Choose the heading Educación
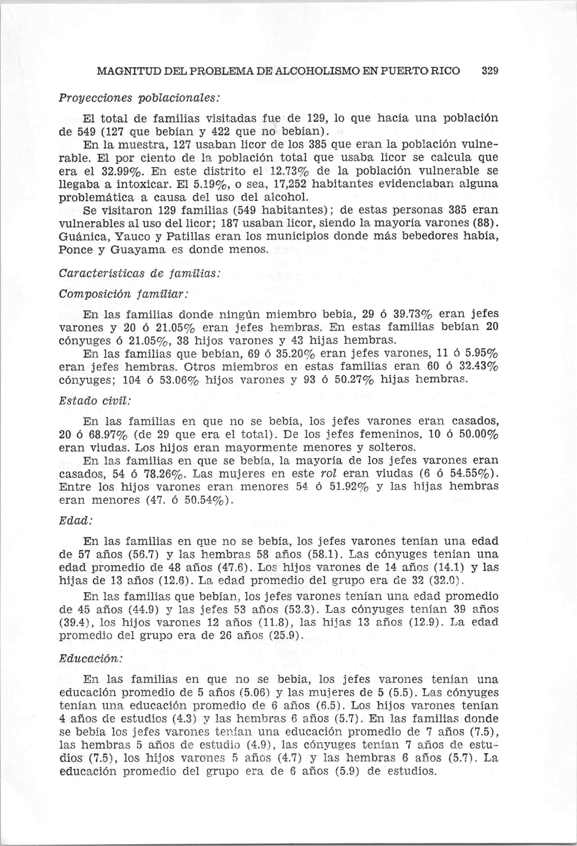click(90, 658)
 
